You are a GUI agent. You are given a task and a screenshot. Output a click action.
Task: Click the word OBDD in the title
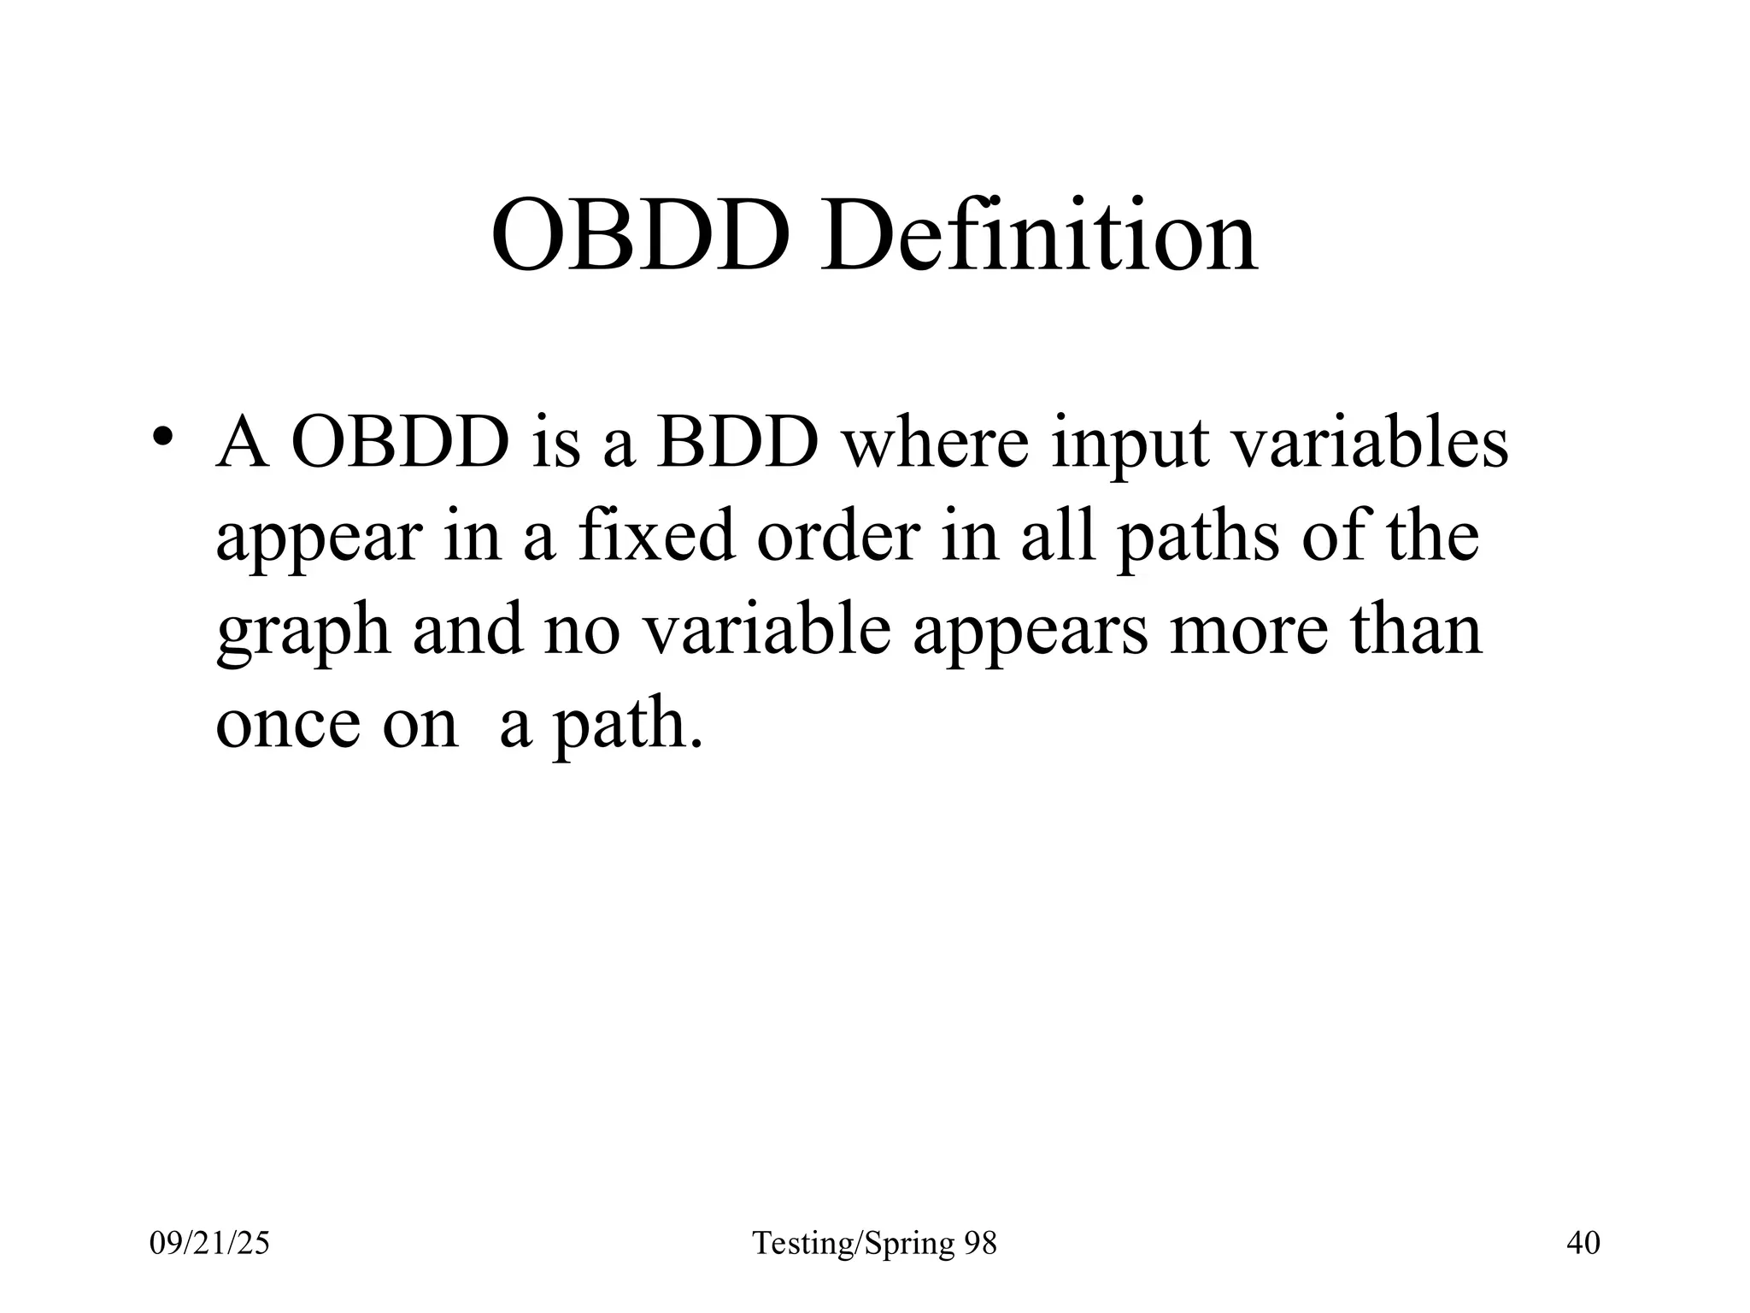click(x=640, y=234)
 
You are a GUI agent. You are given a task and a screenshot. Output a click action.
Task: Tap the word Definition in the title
click(x=1038, y=234)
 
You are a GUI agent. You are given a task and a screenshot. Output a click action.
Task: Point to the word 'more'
click(x=1248, y=633)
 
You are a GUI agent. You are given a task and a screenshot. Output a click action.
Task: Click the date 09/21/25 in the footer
click(x=209, y=1243)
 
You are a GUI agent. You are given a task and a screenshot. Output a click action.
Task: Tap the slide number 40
click(x=1583, y=1243)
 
